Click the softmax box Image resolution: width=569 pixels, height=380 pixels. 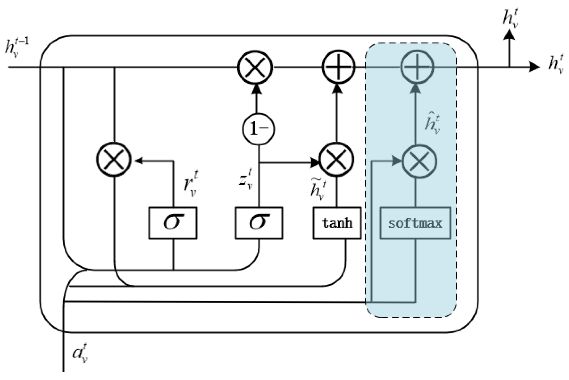click(x=415, y=223)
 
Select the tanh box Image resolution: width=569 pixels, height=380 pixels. click(x=337, y=223)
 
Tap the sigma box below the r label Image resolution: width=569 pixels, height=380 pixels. click(x=173, y=223)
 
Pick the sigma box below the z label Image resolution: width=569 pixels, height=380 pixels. click(x=259, y=223)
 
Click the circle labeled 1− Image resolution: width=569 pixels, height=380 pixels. click(x=258, y=129)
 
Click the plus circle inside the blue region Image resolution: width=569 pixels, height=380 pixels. click(x=417, y=67)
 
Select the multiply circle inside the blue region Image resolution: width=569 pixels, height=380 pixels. click(x=419, y=161)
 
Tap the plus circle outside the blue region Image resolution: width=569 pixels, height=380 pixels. click(x=339, y=67)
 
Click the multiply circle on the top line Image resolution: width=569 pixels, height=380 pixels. click(x=255, y=67)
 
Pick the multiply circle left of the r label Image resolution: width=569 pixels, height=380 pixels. click(x=114, y=160)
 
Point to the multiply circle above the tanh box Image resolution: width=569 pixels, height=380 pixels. click(x=336, y=160)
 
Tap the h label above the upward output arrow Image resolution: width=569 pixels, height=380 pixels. click(x=511, y=18)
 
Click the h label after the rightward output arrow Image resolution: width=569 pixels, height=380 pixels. click(x=556, y=64)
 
